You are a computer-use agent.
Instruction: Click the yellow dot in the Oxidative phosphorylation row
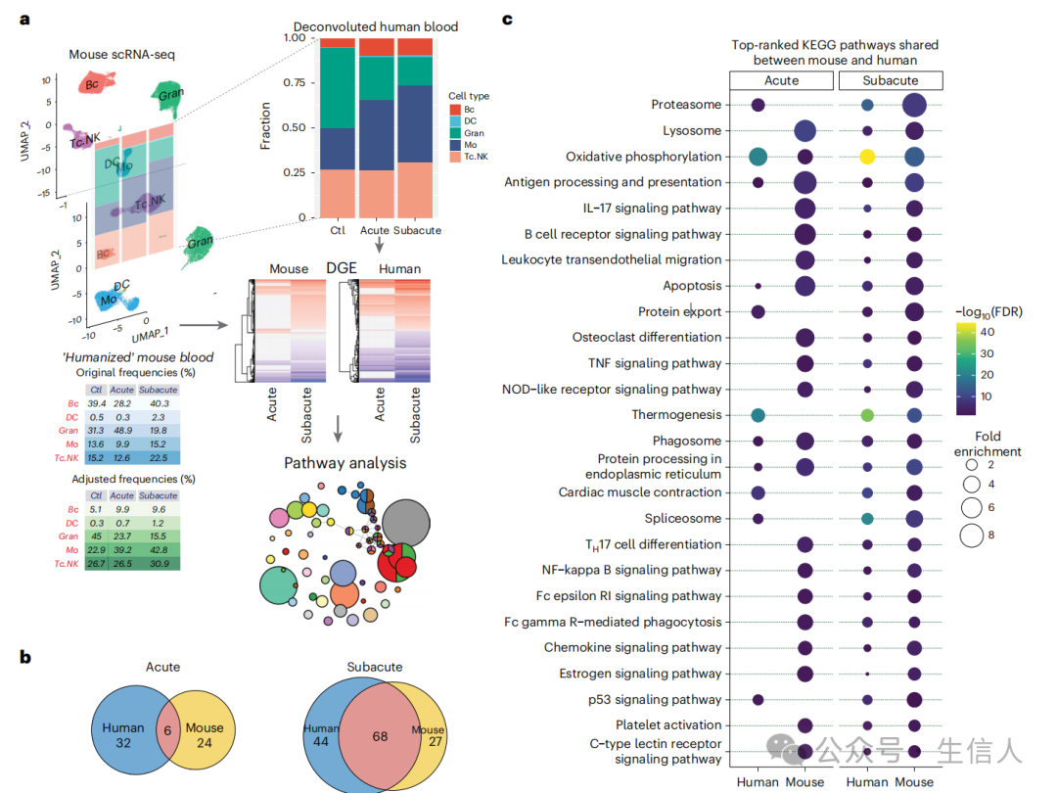click(x=867, y=157)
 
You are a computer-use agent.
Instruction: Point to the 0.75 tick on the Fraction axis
click(x=297, y=82)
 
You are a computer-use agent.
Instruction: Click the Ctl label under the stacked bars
click(x=337, y=231)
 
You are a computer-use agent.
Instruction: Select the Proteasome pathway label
click(x=686, y=105)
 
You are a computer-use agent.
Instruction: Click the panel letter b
click(x=26, y=657)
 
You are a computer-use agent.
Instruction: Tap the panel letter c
click(x=507, y=19)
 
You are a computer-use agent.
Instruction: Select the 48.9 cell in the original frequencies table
click(x=121, y=404)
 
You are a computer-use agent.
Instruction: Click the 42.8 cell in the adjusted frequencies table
click(x=153, y=548)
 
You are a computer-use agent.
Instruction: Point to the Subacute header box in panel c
click(x=891, y=80)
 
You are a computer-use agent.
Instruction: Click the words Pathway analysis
click(x=345, y=463)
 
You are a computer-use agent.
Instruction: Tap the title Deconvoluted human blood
click(x=376, y=26)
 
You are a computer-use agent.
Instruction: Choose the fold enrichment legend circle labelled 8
click(x=972, y=535)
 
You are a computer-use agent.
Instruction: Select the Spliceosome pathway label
click(x=682, y=519)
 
